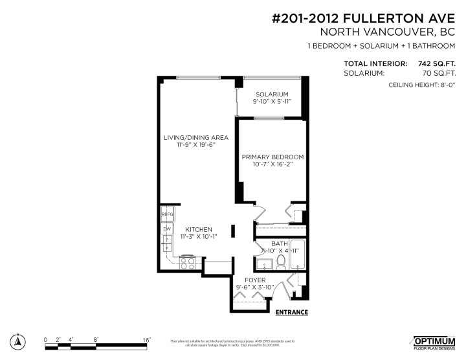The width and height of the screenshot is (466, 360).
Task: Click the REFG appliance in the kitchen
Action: point(167,214)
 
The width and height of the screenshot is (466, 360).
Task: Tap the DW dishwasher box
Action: point(167,229)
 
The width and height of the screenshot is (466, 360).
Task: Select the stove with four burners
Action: point(188,263)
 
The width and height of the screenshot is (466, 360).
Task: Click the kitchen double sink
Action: point(167,244)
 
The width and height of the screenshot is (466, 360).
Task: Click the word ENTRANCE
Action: point(291,312)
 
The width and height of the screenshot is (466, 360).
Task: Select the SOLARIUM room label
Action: point(271,94)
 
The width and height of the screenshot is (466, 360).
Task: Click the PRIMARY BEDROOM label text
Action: point(272,157)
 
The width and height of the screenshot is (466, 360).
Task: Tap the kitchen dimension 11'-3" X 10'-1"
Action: point(198,237)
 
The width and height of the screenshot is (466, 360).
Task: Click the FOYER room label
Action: point(255,280)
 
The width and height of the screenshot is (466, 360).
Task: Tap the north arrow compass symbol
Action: point(20,342)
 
